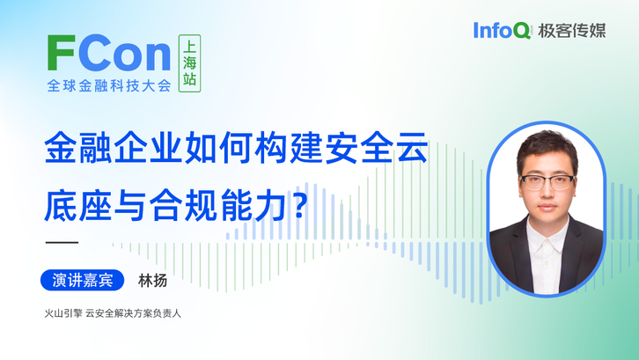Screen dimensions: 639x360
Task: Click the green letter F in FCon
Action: click(x=61, y=53)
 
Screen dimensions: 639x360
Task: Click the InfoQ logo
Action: click(x=502, y=31)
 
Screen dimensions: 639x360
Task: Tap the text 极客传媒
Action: click(x=572, y=31)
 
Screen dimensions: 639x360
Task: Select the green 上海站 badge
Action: click(x=189, y=63)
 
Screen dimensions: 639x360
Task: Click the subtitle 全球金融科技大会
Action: click(x=109, y=85)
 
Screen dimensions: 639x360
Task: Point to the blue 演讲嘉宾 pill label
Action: click(x=83, y=280)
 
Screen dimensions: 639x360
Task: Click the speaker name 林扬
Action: click(x=153, y=281)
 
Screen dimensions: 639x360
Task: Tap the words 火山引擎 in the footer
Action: click(x=63, y=313)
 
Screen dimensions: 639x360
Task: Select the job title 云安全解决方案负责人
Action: click(x=133, y=313)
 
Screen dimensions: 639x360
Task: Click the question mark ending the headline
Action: click(x=299, y=203)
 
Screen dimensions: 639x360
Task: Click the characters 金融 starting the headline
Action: click(x=78, y=147)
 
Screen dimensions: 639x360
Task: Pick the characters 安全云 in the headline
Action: click(x=377, y=147)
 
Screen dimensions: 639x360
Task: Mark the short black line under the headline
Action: click(x=62, y=242)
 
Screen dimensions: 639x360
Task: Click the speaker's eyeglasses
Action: click(x=548, y=182)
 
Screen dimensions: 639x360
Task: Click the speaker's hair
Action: click(x=547, y=148)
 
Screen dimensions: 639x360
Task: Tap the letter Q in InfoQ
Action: click(x=522, y=31)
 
